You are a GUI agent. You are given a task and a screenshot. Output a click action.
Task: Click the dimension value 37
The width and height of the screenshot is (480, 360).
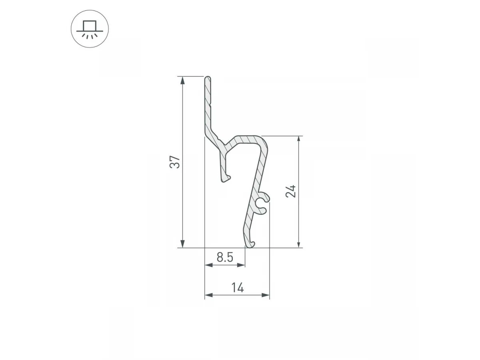175,162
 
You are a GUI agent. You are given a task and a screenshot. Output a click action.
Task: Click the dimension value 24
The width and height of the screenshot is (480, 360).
291,192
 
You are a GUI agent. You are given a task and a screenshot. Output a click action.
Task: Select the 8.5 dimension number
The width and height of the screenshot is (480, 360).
225,257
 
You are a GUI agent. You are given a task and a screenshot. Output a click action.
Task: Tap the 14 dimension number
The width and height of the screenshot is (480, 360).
238,288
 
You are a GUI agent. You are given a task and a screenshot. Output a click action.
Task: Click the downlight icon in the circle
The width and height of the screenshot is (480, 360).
90,30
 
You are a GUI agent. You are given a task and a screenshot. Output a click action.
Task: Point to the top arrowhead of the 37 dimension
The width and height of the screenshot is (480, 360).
182,80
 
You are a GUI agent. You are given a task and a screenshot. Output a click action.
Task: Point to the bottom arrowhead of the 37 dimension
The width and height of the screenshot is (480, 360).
182,244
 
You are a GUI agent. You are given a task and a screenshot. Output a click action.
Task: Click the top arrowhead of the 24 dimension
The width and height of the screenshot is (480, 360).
299,140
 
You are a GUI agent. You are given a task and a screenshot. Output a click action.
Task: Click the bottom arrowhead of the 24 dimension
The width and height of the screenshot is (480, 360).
299,244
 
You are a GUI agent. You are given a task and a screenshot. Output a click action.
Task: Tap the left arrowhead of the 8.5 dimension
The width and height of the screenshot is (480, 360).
209,265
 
